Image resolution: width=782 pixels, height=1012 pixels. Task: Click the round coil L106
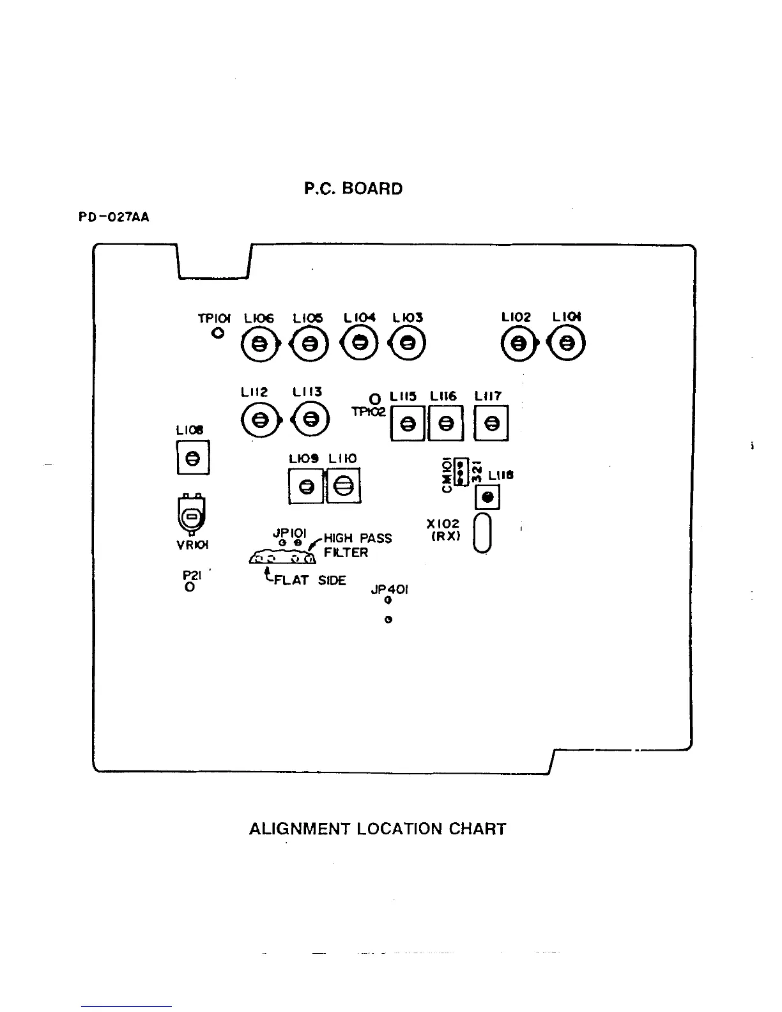pyautogui.click(x=259, y=344)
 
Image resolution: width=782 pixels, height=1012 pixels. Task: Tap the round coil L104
pyautogui.click(x=361, y=343)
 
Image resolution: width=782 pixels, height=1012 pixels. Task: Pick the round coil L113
pyautogui.click(x=310, y=419)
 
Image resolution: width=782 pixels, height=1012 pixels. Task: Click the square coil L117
pyautogui.click(x=491, y=424)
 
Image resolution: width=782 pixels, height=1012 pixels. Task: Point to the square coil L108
pyautogui.click(x=192, y=458)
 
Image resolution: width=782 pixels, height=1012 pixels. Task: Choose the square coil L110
pyautogui.click(x=344, y=487)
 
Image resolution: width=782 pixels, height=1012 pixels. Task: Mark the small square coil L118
pyautogui.click(x=487, y=497)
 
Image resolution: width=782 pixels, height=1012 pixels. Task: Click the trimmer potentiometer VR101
pyautogui.click(x=192, y=515)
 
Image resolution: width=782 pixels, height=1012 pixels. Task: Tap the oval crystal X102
pyautogui.click(x=484, y=533)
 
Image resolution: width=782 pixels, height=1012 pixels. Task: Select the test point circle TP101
pyautogui.click(x=218, y=333)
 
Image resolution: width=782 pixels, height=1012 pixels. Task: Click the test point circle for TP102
pyautogui.click(x=376, y=400)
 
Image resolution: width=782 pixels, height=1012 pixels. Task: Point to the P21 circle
pyautogui.click(x=190, y=586)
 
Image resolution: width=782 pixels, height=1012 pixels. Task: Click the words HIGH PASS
pyautogui.click(x=358, y=539)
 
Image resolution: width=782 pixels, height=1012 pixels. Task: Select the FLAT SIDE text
pyautogui.click(x=309, y=580)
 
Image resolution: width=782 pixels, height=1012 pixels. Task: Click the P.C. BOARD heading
pyautogui.click(x=353, y=189)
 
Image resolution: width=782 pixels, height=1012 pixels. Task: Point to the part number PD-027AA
pyautogui.click(x=114, y=217)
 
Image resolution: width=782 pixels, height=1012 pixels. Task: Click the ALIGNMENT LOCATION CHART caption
pyautogui.click(x=377, y=829)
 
